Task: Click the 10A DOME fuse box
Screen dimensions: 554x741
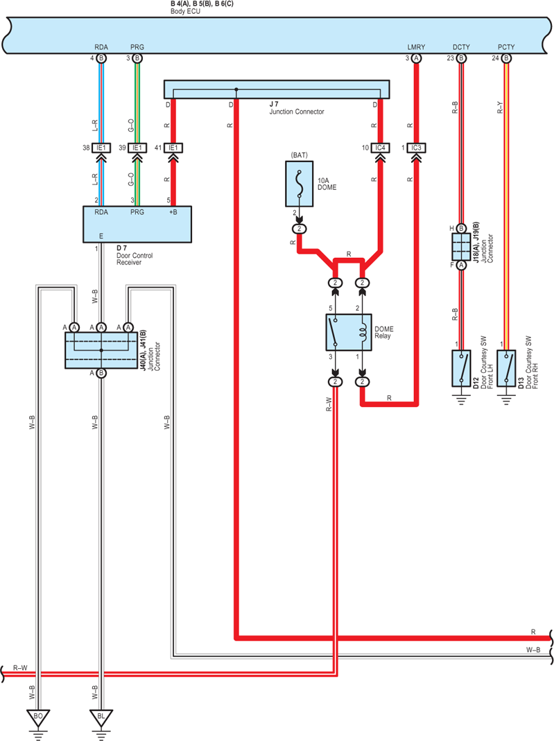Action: coord(300,184)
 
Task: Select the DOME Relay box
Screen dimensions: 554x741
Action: coord(349,332)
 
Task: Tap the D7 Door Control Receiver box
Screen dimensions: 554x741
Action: coord(137,224)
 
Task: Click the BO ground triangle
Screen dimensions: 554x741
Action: coord(38,717)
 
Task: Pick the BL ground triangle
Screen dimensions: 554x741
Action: coord(101,717)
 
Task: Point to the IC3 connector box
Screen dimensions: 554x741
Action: coord(416,148)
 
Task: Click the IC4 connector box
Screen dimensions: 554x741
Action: coord(380,148)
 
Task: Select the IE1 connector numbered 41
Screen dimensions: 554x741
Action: coord(173,148)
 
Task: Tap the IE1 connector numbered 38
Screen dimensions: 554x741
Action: coord(101,148)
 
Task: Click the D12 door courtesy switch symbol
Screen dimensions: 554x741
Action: coord(461,368)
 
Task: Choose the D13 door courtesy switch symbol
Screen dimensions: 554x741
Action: coord(506,368)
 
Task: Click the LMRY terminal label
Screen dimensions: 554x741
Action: coord(417,47)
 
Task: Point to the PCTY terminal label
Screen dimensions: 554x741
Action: coord(506,47)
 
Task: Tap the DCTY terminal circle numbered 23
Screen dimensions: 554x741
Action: coord(461,58)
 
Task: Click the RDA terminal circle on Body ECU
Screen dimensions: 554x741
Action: coord(101,58)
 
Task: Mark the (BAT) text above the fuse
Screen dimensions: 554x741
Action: coord(300,155)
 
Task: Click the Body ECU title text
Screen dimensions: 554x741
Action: coord(185,11)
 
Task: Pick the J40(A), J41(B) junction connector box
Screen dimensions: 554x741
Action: coord(101,350)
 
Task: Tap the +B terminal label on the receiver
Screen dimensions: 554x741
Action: coord(173,212)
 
